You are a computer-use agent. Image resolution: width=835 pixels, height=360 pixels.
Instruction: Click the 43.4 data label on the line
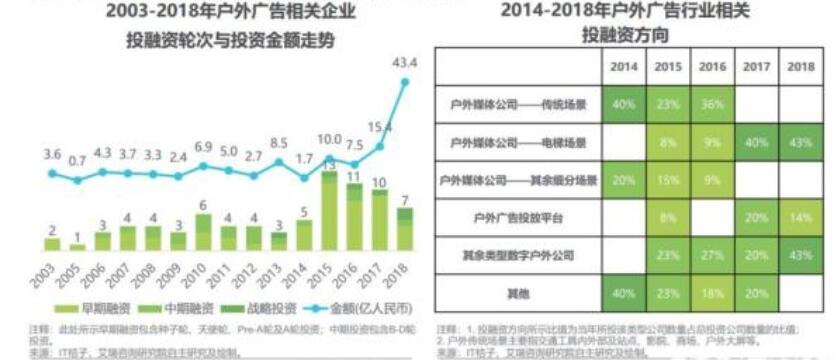coord(404,63)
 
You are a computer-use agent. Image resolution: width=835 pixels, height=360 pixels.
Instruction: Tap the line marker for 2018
coord(405,82)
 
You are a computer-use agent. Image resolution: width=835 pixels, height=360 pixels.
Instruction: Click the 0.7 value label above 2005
coord(78,160)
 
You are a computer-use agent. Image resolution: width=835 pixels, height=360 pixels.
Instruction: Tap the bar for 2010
coord(203,232)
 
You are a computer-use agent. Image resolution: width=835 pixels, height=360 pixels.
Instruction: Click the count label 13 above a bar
coord(329,164)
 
